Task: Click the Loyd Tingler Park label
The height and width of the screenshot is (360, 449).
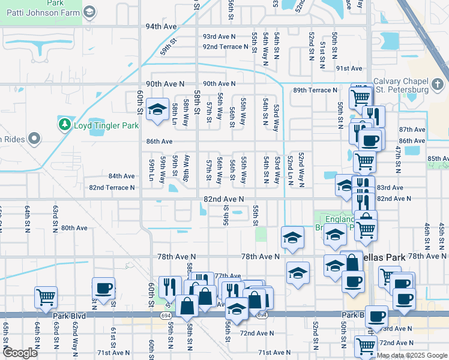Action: pyautogui.click(x=106, y=125)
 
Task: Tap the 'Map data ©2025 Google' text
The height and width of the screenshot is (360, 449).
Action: pyautogui.click(x=412, y=355)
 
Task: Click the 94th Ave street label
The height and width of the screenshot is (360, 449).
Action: pyautogui.click(x=161, y=27)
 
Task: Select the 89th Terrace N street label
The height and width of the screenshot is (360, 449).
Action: pyautogui.click(x=315, y=90)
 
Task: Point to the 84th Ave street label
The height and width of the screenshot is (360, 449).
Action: pyautogui.click(x=121, y=176)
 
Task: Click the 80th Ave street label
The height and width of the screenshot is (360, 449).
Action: pyautogui.click(x=74, y=228)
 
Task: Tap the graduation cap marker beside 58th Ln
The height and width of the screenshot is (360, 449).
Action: pyautogui.click(x=157, y=110)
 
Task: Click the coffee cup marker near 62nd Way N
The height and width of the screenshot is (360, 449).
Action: pyautogui.click(x=104, y=287)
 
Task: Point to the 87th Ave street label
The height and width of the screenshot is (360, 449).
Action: pyautogui.click(x=412, y=130)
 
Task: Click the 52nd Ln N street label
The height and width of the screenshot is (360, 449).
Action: pyautogui.click(x=289, y=170)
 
